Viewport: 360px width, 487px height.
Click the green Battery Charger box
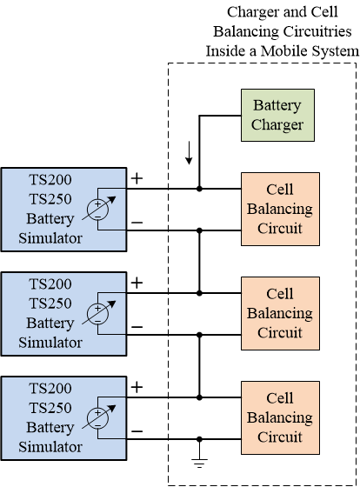[277, 115]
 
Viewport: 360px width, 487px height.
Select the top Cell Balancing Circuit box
[279, 209]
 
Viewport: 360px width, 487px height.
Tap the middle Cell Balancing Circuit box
[279, 313]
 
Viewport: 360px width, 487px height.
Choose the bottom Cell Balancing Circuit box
[279, 417]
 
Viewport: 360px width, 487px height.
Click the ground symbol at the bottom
[199, 464]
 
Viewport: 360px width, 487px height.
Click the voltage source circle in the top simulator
[100, 210]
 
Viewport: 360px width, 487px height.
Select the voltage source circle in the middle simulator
[100, 313]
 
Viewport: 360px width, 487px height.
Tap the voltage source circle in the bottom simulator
[100, 417]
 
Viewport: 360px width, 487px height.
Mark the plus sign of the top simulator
[137, 178]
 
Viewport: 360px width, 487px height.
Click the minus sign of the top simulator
[137, 223]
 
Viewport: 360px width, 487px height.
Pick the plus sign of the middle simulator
[137, 283]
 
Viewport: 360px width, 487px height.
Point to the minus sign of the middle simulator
[137, 327]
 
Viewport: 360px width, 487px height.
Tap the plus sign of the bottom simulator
[137, 386]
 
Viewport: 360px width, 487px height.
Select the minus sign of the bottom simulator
[137, 431]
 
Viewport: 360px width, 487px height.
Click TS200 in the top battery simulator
[51, 182]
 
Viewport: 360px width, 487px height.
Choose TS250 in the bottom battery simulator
[51, 409]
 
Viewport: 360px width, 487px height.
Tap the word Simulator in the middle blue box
[51, 343]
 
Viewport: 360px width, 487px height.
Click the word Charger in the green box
[277, 124]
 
